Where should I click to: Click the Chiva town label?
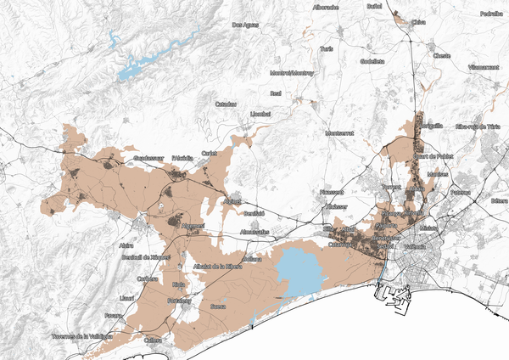tap(418, 24)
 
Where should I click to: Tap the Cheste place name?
tap(441, 56)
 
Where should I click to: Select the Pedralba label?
tap(490, 14)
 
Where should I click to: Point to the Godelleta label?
tap(372, 61)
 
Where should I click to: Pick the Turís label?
tap(327, 49)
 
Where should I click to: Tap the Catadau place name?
tap(226, 104)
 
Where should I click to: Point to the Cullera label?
tap(153, 341)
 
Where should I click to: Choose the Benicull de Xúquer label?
tap(147, 256)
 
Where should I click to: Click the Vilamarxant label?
tap(484, 65)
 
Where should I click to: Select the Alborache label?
tap(326, 7)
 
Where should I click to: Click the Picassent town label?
tap(331, 193)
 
